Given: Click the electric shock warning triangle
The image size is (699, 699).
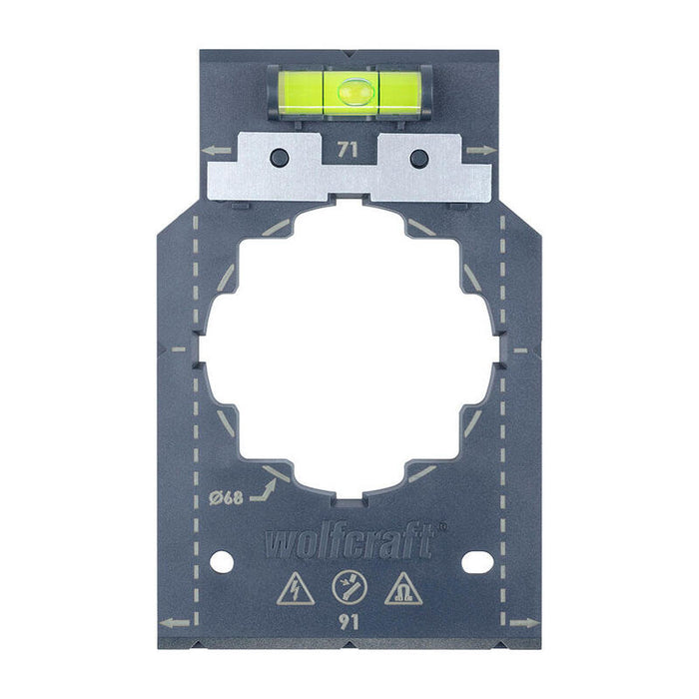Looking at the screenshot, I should [297, 589].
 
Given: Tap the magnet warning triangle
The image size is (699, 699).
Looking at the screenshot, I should [402, 589].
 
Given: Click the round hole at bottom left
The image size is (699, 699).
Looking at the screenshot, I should [222, 562].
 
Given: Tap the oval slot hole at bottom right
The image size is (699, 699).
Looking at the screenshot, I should [477, 562].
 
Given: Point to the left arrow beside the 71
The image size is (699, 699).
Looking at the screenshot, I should [215, 151].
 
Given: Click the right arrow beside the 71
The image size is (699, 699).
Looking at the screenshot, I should [482, 151].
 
